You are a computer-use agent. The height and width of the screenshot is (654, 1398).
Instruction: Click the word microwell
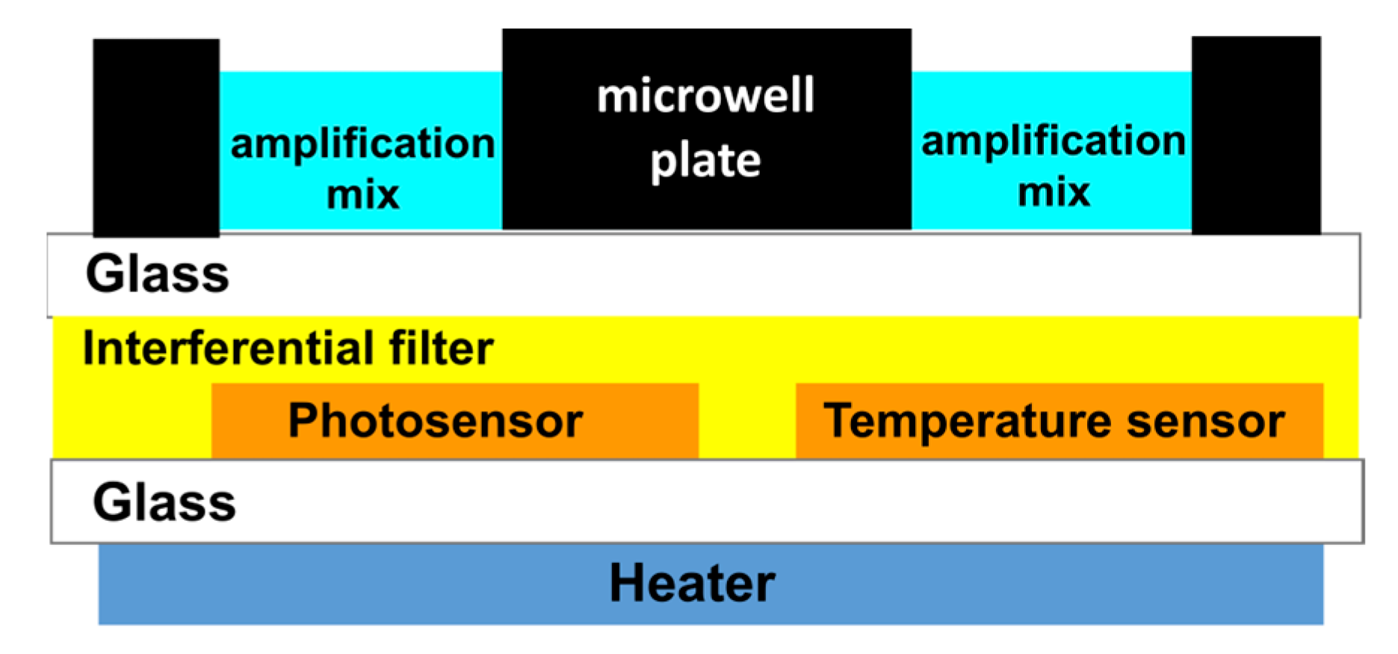click(705, 96)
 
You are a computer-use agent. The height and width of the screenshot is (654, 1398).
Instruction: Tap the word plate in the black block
click(705, 161)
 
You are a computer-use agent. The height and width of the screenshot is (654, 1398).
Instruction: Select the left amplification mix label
click(362, 168)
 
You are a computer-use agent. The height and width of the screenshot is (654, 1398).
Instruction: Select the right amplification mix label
click(1053, 166)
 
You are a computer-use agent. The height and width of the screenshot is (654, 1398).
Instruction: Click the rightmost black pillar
click(1256, 135)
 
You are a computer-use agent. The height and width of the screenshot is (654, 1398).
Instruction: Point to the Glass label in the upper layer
click(157, 274)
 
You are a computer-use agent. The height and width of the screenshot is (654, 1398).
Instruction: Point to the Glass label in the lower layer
click(164, 502)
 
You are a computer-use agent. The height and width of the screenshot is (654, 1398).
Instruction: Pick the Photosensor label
click(435, 420)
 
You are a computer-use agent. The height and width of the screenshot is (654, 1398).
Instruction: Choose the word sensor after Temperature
click(1206, 420)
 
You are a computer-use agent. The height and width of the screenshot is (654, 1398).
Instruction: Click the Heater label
click(692, 583)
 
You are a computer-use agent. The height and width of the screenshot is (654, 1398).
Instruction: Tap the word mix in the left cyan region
click(363, 194)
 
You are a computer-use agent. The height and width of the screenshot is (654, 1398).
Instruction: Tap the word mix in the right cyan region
click(1054, 192)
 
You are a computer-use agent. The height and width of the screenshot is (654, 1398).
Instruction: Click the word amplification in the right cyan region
click(1053, 141)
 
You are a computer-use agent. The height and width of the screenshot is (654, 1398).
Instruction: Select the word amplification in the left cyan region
click(362, 143)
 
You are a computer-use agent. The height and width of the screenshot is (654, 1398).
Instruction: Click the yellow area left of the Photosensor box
click(132, 422)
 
